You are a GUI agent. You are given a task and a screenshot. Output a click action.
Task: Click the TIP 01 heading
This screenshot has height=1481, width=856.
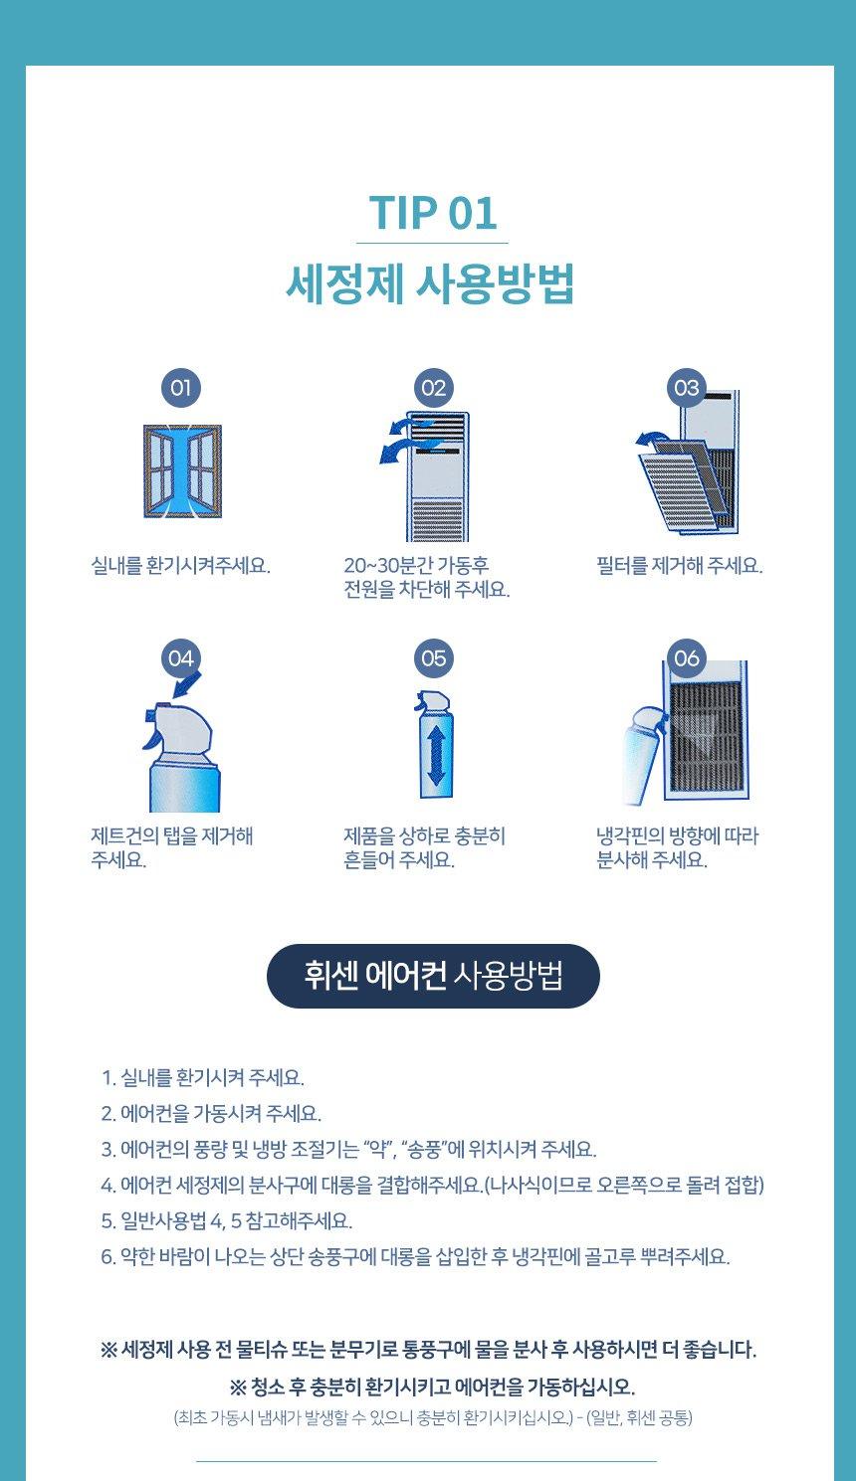click(x=432, y=213)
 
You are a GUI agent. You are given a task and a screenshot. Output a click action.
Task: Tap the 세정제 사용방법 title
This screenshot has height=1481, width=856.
click(x=430, y=283)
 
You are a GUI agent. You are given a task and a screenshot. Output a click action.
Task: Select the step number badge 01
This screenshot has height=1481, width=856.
click(x=180, y=388)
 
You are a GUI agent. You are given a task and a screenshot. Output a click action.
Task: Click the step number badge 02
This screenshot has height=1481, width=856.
click(x=433, y=388)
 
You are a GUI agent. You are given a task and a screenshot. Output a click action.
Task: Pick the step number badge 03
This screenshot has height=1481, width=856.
click(x=687, y=388)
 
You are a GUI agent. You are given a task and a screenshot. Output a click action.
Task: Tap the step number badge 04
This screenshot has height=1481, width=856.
click(x=180, y=658)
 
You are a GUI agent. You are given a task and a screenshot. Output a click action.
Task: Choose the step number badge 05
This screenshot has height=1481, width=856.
click(x=433, y=658)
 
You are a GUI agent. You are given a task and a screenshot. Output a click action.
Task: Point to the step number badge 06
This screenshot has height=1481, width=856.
click(x=687, y=658)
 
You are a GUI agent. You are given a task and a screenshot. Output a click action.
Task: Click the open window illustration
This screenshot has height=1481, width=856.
click(x=182, y=471)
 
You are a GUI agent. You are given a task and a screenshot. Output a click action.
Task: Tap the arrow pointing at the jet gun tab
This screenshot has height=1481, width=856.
click(x=186, y=684)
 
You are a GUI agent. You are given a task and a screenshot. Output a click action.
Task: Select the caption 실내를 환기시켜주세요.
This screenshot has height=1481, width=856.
click(x=180, y=566)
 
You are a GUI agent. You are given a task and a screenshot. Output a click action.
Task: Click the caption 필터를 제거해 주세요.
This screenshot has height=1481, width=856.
click(x=680, y=566)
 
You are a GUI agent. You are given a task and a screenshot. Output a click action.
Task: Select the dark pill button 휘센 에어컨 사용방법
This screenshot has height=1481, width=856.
click(x=433, y=976)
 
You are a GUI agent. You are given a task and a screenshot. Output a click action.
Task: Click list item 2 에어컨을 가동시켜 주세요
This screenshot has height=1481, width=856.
click(x=211, y=1113)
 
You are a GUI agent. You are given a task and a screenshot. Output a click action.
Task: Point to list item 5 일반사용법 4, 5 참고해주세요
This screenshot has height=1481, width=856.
click(x=227, y=1220)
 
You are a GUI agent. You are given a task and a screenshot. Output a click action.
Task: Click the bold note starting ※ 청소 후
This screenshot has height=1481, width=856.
click(x=432, y=1387)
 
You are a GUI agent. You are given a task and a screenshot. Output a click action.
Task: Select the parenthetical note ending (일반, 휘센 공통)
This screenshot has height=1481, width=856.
click(x=432, y=1417)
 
